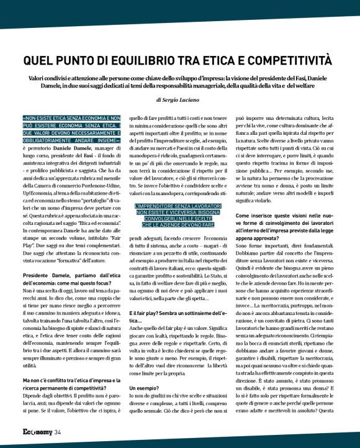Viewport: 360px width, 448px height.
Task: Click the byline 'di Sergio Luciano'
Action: [x=180, y=99]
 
